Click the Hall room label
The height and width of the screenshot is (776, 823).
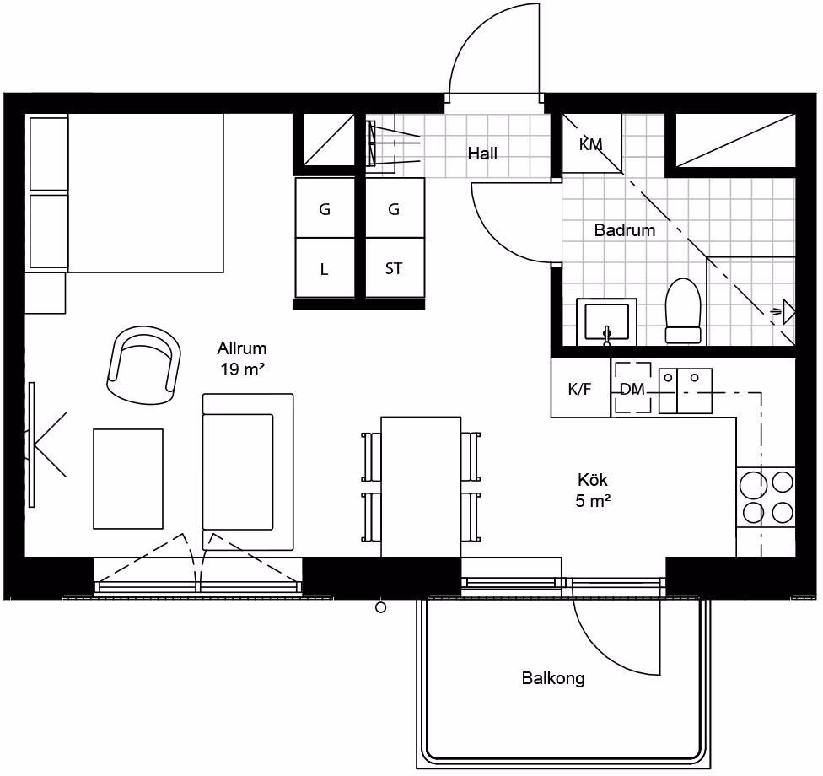point(482,154)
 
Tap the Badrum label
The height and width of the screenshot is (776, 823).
point(625,230)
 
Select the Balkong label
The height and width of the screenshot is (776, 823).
point(553,678)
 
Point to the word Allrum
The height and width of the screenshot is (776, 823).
point(242,348)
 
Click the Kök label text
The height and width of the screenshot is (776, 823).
point(593,479)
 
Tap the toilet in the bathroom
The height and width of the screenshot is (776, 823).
point(683,311)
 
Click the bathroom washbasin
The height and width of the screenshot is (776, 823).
point(607,322)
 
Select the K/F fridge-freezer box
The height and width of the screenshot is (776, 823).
point(580,389)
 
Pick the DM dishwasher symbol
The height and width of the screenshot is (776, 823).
point(632,388)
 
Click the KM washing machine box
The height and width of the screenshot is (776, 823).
point(592,143)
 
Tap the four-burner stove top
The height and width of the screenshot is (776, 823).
point(766,497)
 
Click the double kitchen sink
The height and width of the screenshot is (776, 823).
point(686,391)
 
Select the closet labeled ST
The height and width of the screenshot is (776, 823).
point(395,268)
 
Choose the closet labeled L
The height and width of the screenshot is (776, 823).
point(325,268)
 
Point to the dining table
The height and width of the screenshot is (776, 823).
point(421,487)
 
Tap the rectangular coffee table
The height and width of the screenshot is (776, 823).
point(128,479)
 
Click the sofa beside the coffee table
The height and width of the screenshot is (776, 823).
point(248,472)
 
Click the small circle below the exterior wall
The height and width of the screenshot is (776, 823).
point(381,607)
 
